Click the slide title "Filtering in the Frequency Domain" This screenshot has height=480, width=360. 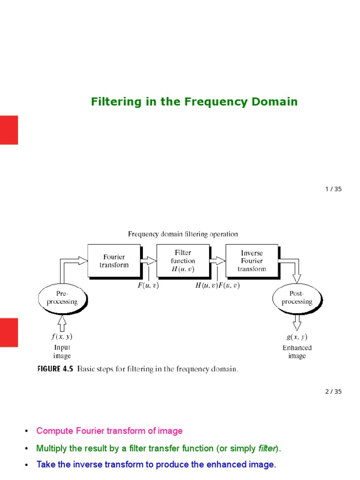point(194,102)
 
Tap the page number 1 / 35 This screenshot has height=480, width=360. point(333,189)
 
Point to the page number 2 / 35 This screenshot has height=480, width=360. point(333,391)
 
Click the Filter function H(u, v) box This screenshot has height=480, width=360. point(183,261)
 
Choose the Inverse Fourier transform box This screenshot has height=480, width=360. point(252,261)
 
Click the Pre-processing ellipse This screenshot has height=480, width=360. point(62,298)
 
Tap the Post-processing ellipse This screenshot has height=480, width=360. point(297,298)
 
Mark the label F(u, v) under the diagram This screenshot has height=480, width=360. point(148,285)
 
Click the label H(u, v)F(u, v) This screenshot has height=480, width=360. point(217,285)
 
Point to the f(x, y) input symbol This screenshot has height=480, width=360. point(62,336)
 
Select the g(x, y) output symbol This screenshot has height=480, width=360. point(296,337)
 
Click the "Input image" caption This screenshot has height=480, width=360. point(62,352)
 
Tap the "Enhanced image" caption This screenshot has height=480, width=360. point(297,352)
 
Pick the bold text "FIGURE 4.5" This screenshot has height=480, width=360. point(55,369)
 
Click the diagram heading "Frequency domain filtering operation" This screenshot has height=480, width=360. point(183,234)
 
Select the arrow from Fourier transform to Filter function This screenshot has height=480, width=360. point(150,261)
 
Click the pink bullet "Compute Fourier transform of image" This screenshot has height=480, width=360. point(109,431)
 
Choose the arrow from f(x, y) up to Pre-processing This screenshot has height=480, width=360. point(62,322)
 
